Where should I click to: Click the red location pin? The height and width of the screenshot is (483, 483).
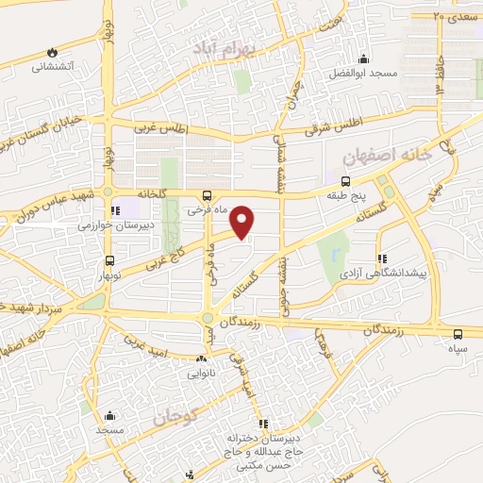tap(243, 222)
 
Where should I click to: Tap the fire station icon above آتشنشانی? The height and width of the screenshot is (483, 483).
tap(53, 51)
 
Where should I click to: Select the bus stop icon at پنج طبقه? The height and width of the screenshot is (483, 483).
tap(346, 181)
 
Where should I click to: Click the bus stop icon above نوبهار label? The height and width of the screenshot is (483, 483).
tap(110, 261)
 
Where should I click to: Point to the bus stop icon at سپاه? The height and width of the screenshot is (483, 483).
tap(458, 334)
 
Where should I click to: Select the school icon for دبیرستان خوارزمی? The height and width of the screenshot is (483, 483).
tap(115, 211)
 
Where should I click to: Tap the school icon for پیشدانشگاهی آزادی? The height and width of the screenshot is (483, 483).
tap(381, 258)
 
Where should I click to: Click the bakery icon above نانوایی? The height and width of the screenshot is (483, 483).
tap(201, 358)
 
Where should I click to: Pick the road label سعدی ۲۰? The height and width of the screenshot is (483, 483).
tap(451, 17)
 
